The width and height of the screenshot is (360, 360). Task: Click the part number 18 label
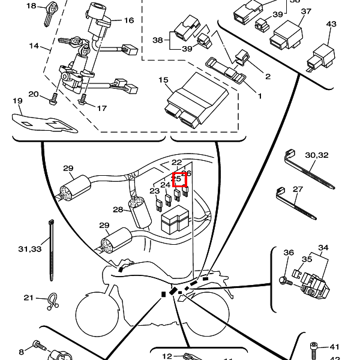[x=31, y=6]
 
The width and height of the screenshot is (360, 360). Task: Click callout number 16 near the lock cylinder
[x=128, y=20]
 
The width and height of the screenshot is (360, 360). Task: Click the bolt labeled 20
[x=53, y=96]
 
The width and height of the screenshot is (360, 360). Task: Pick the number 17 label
[x=101, y=109]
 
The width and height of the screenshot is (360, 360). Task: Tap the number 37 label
[x=305, y=11]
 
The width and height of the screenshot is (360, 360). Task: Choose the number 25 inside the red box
[x=177, y=178]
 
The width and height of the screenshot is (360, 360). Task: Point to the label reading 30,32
[x=317, y=155]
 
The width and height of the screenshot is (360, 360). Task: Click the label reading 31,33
[x=30, y=248]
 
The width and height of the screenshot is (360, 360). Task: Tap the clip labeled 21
[x=52, y=299]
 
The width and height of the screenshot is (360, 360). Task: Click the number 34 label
[x=323, y=247]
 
